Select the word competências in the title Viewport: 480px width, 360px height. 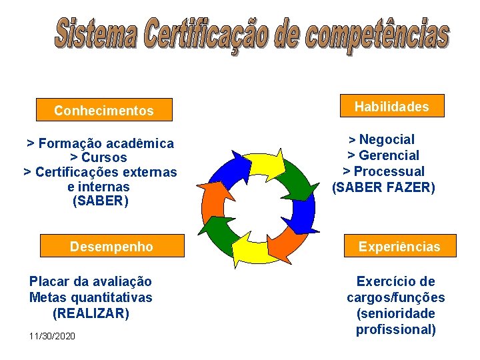(373, 34)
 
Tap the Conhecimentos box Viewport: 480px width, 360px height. (104, 111)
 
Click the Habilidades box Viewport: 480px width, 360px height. (391, 106)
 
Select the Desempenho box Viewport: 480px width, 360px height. (111, 246)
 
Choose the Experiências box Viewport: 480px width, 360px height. (399, 246)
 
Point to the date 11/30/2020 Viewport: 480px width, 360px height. (52, 336)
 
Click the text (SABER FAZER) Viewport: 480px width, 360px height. (383, 187)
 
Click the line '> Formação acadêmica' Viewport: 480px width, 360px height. (100, 143)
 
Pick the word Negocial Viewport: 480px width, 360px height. (387, 139)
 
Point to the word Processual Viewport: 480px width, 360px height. (391, 171)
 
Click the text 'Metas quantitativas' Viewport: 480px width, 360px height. (91, 297)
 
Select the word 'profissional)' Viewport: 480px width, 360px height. (396, 329)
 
